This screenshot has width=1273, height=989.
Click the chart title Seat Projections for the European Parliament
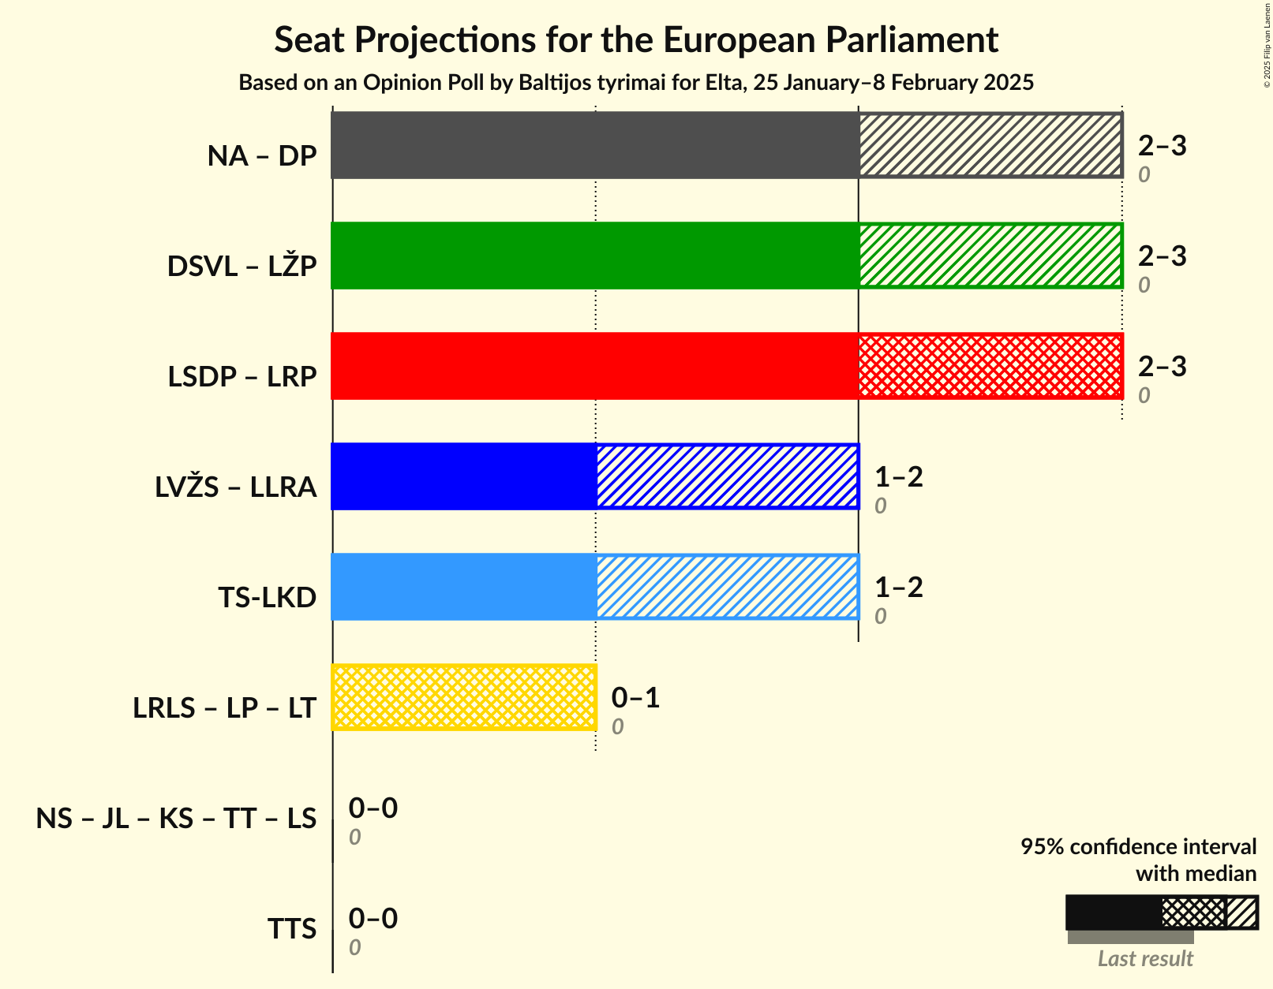(x=636, y=39)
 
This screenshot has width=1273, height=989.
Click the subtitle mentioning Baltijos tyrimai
(x=636, y=82)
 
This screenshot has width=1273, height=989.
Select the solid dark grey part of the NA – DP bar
(x=595, y=145)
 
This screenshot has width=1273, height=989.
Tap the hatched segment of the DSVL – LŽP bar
(x=990, y=256)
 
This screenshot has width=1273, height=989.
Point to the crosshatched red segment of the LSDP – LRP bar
(x=990, y=366)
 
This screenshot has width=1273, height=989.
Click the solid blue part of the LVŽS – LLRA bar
(x=464, y=476)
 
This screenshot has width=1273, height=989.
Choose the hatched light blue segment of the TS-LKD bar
(x=727, y=587)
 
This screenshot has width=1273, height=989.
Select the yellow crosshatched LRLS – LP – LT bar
(x=464, y=697)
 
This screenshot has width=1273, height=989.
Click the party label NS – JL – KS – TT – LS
(x=176, y=819)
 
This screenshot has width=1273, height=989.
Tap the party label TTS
(x=292, y=929)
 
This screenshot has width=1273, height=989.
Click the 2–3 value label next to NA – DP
(x=1162, y=145)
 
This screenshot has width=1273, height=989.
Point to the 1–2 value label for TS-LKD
(x=898, y=587)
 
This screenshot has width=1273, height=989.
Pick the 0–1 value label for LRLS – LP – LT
(x=635, y=697)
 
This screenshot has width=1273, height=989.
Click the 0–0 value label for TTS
(x=373, y=918)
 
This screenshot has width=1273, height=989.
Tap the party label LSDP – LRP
(x=241, y=377)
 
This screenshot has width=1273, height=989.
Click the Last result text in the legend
(x=1145, y=958)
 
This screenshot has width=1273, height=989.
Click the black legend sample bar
(x=1113, y=912)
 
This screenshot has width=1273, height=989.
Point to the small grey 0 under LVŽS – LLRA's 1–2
(x=880, y=506)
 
